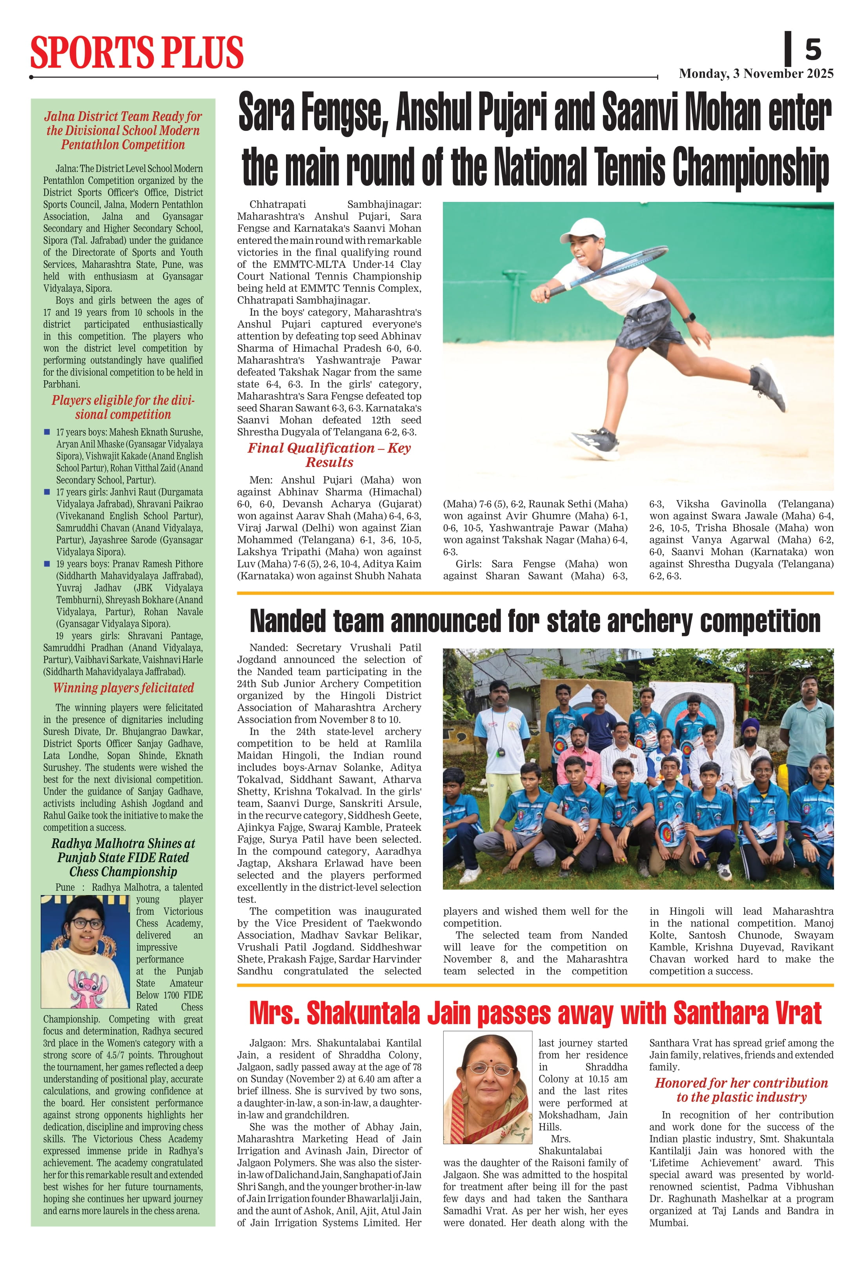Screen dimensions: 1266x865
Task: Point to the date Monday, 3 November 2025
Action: pos(756,74)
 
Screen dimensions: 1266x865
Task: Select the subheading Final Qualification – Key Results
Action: pos(329,455)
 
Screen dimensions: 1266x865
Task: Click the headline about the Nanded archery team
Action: pos(535,621)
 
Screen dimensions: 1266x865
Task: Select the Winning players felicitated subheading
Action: pos(123,688)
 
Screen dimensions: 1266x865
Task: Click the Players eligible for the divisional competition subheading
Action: pos(123,407)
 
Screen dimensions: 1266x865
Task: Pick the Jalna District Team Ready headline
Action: pos(123,130)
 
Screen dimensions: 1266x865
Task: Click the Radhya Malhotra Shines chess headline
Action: pos(123,857)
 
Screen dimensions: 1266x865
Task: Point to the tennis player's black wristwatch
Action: pos(689,317)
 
